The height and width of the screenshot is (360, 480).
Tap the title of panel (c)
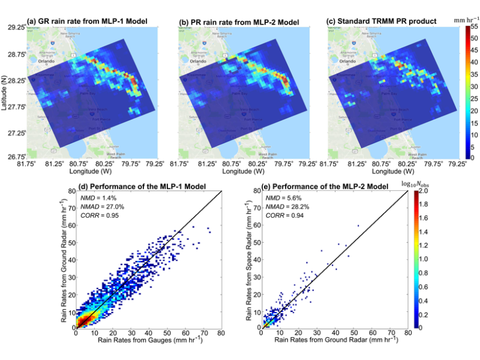389,21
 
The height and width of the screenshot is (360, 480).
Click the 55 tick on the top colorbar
474,28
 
